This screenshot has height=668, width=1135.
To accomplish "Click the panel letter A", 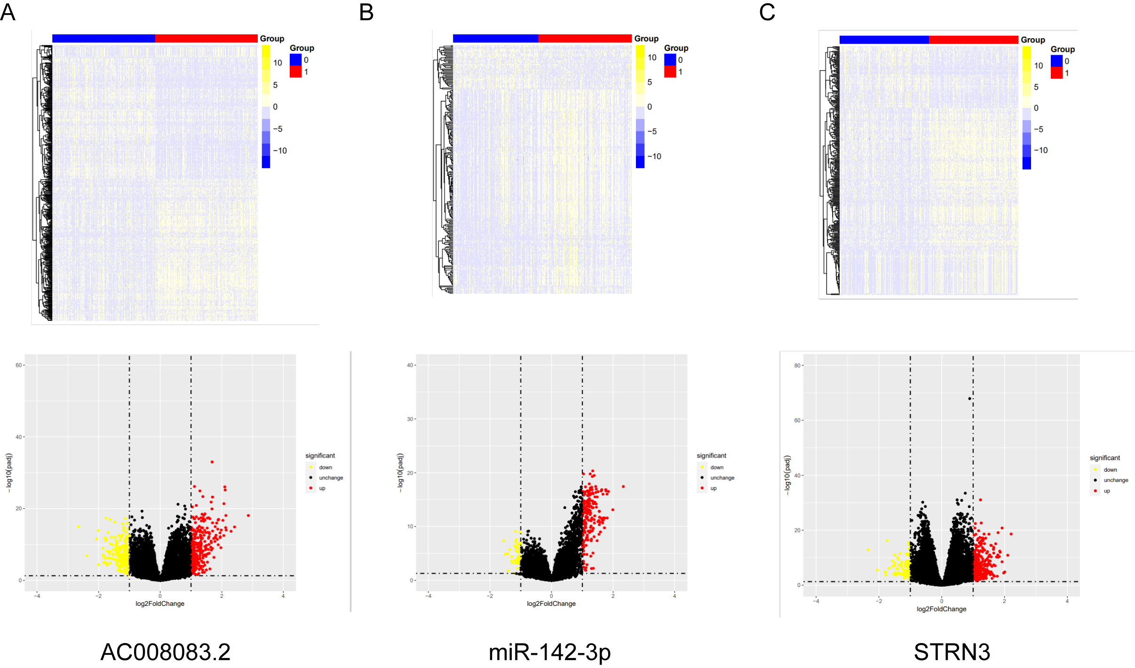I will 8,12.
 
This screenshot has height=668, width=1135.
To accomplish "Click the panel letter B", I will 366,12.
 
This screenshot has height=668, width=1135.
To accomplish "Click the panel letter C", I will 767,12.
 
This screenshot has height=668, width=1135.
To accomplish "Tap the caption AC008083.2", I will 166,652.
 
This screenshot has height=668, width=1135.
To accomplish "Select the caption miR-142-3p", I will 549,652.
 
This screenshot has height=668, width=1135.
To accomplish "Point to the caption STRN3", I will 952,652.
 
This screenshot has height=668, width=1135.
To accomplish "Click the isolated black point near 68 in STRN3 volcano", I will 969,399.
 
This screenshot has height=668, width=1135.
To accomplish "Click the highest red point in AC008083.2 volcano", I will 212,462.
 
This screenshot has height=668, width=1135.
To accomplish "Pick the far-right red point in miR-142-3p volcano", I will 623,486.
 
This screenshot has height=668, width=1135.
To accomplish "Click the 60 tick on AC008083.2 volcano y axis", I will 19,365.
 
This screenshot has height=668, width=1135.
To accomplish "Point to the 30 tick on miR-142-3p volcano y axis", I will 410,419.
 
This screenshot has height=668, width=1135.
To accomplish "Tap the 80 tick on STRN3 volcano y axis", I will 797,366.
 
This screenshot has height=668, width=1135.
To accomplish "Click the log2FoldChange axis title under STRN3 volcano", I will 941,609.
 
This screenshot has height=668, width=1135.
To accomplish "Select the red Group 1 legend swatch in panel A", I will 295,72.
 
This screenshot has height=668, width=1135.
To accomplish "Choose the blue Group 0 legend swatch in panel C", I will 1056,61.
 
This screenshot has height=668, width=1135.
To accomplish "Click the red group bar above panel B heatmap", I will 585,39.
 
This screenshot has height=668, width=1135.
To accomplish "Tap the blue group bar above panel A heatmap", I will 103,39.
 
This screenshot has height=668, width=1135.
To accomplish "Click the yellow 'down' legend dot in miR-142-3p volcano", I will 702,467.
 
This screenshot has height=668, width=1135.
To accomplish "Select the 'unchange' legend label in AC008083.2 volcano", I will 331,478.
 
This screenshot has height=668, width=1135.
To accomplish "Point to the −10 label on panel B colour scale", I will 654,156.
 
